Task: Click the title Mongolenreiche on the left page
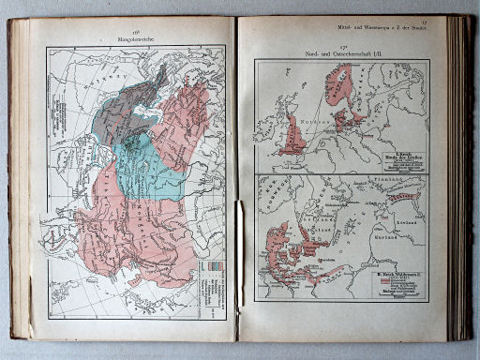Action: point(137,39)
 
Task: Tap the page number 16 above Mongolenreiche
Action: point(137,32)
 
